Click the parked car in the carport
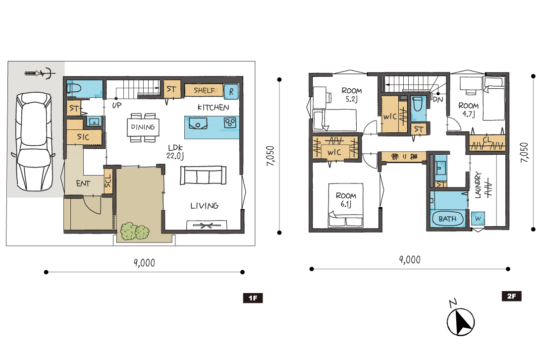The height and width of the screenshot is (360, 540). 34,142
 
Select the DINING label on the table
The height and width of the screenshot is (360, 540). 143,127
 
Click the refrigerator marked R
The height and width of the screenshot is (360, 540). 231,91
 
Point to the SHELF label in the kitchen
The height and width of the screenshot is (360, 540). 204,90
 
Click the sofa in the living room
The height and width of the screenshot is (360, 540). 203,175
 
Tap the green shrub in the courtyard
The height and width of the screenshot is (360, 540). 134,232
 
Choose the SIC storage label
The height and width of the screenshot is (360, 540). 83,137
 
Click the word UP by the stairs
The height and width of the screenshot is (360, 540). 117,106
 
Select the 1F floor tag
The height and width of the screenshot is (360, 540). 253,298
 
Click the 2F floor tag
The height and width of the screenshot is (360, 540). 511,296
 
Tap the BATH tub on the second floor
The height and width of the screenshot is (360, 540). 447,219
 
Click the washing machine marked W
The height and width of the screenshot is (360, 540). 478,219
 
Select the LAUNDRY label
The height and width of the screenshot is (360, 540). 478,185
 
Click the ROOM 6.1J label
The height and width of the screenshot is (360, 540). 346,200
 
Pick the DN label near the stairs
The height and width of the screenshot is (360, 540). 438,100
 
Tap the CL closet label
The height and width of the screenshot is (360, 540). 487,140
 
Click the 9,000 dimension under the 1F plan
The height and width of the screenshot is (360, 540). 144,263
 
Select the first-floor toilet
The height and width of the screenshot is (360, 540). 74,89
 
